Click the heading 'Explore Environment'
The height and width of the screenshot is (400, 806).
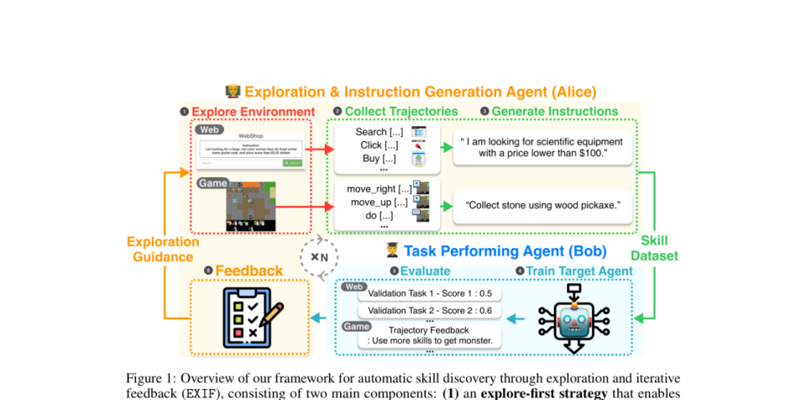253,112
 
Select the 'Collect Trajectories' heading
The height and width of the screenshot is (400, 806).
400,112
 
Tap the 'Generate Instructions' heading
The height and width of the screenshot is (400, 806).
554,112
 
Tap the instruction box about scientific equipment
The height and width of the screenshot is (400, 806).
542,147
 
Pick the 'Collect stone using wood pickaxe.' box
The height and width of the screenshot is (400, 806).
542,204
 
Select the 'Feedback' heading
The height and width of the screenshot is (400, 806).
249,271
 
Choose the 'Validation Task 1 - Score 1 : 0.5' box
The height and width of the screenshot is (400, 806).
423,294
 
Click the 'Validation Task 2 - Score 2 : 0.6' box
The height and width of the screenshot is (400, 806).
423,311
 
